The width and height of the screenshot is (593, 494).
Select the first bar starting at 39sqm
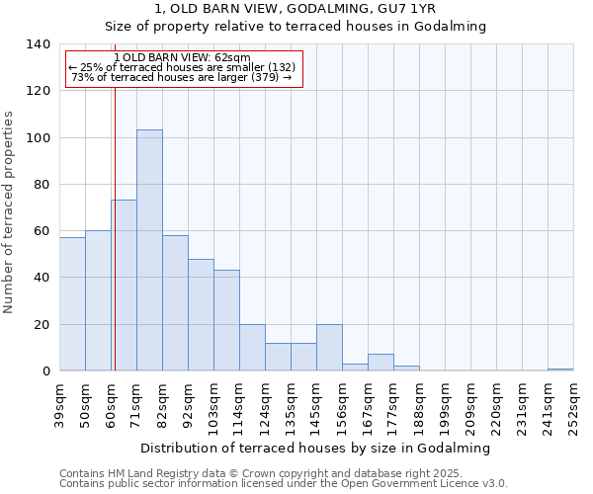click(72, 303)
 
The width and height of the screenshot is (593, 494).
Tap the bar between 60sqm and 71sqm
click(124, 285)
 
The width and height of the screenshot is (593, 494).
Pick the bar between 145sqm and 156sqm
click(329, 347)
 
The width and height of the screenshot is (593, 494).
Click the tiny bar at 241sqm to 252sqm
click(560, 370)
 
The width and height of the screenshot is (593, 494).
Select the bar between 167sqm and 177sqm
click(381, 362)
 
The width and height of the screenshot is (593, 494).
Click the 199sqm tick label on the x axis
click(444, 404)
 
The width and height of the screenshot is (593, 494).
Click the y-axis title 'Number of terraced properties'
click(10, 212)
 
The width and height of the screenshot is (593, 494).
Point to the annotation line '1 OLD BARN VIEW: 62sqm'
click(182, 58)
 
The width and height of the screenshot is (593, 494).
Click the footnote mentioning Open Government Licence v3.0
click(283, 484)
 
